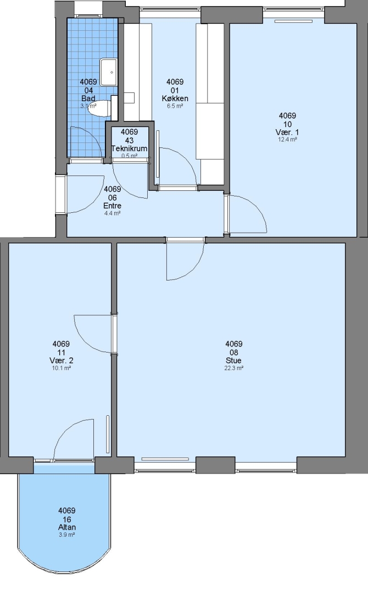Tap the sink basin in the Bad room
(x=109, y=72)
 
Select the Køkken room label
(x=175, y=98)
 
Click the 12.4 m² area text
(x=287, y=139)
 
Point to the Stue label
(x=233, y=361)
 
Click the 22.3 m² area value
(x=234, y=368)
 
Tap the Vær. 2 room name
(x=61, y=360)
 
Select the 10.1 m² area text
(x=62, y=368)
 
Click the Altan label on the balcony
(x=66, y=527)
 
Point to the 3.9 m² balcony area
(x=66, y=535)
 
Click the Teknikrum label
(x=129, y=148)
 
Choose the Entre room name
(x=113, y=206)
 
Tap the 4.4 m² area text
(x=113, y=213)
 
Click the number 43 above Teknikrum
(x=129, y=141)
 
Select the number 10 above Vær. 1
(x=287, y=124)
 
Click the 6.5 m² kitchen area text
(x=175, y=106)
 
